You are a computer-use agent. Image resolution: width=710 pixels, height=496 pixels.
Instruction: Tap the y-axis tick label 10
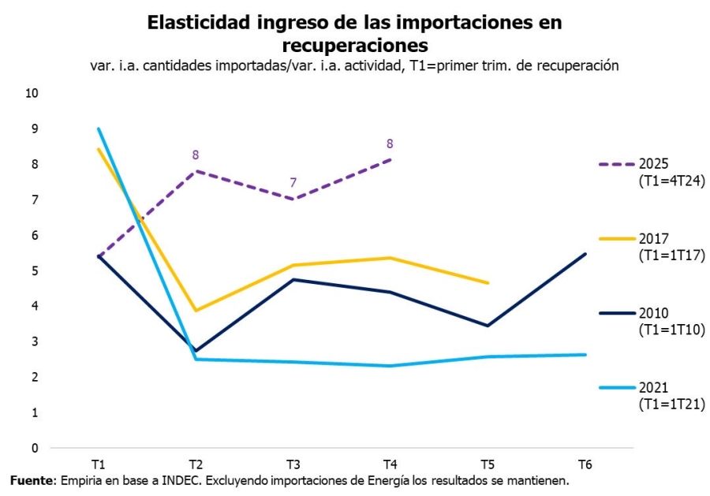pyautogui.click(x=32, y=93)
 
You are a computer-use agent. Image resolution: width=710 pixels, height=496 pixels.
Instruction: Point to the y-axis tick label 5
pyautogui.click(x=35, y=270)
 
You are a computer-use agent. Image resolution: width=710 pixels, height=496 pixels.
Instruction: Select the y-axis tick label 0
pyautogui.click(x=35, y=448)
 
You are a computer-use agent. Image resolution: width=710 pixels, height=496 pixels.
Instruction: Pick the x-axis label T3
pyautogui.click(x=293, y=463)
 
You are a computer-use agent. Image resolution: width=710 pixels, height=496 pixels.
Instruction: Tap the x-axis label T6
pyautogui.click(x=585, y=463)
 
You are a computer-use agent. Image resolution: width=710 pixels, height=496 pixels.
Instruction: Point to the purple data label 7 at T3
pyautogui.click(x=293, y=183)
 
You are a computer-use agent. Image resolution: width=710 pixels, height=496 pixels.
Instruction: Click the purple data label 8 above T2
pyautogui.click(x=196, y=155)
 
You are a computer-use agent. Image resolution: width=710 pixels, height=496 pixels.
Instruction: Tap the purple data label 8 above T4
pyautogui.click(x=390, y=144)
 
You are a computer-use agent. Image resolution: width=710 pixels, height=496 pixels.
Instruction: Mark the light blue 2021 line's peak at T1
pyautogui.click(x=98, y=129)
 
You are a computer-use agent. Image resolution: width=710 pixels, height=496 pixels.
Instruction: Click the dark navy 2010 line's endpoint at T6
pyautogui.click(x=585, y=254)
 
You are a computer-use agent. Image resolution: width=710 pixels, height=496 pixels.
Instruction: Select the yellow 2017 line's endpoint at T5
pyautogui.click(x=488, y=282)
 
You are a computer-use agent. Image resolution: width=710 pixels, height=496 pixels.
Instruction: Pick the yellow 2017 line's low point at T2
pyautogui.click(x=196, y=311)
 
